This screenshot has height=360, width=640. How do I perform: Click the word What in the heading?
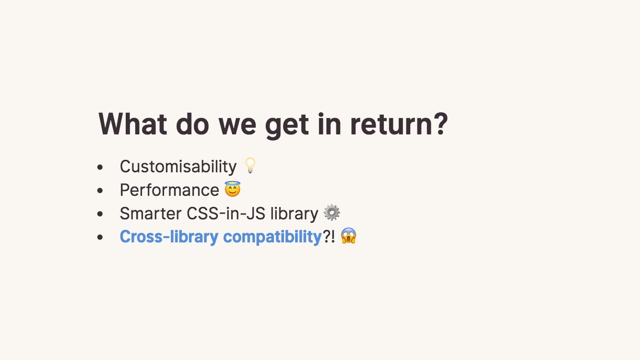point(133,124)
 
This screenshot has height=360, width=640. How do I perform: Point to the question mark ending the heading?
point(440,123)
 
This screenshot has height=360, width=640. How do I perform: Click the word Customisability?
point(178,166)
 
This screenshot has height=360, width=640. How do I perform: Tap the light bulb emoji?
point(250,165)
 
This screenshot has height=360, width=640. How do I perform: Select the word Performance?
point(169,190)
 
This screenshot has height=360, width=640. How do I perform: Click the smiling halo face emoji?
point(233,189)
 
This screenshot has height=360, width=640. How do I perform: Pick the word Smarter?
point(151,213)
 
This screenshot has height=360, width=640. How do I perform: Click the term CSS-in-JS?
point(226,213)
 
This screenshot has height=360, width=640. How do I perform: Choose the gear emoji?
point(332,213)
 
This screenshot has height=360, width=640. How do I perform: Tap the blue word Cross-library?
point(169,237)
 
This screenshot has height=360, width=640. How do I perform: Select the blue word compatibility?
point(273,237)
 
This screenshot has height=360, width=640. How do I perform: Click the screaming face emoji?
point(349,236)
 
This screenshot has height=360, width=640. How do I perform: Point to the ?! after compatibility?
point(329,237)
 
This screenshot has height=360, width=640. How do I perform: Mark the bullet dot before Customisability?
point(100,167)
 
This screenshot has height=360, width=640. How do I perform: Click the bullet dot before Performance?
point(100,191)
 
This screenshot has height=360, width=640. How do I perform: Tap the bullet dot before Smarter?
point(100,214)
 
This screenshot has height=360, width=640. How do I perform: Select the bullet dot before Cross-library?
point(100,237)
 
